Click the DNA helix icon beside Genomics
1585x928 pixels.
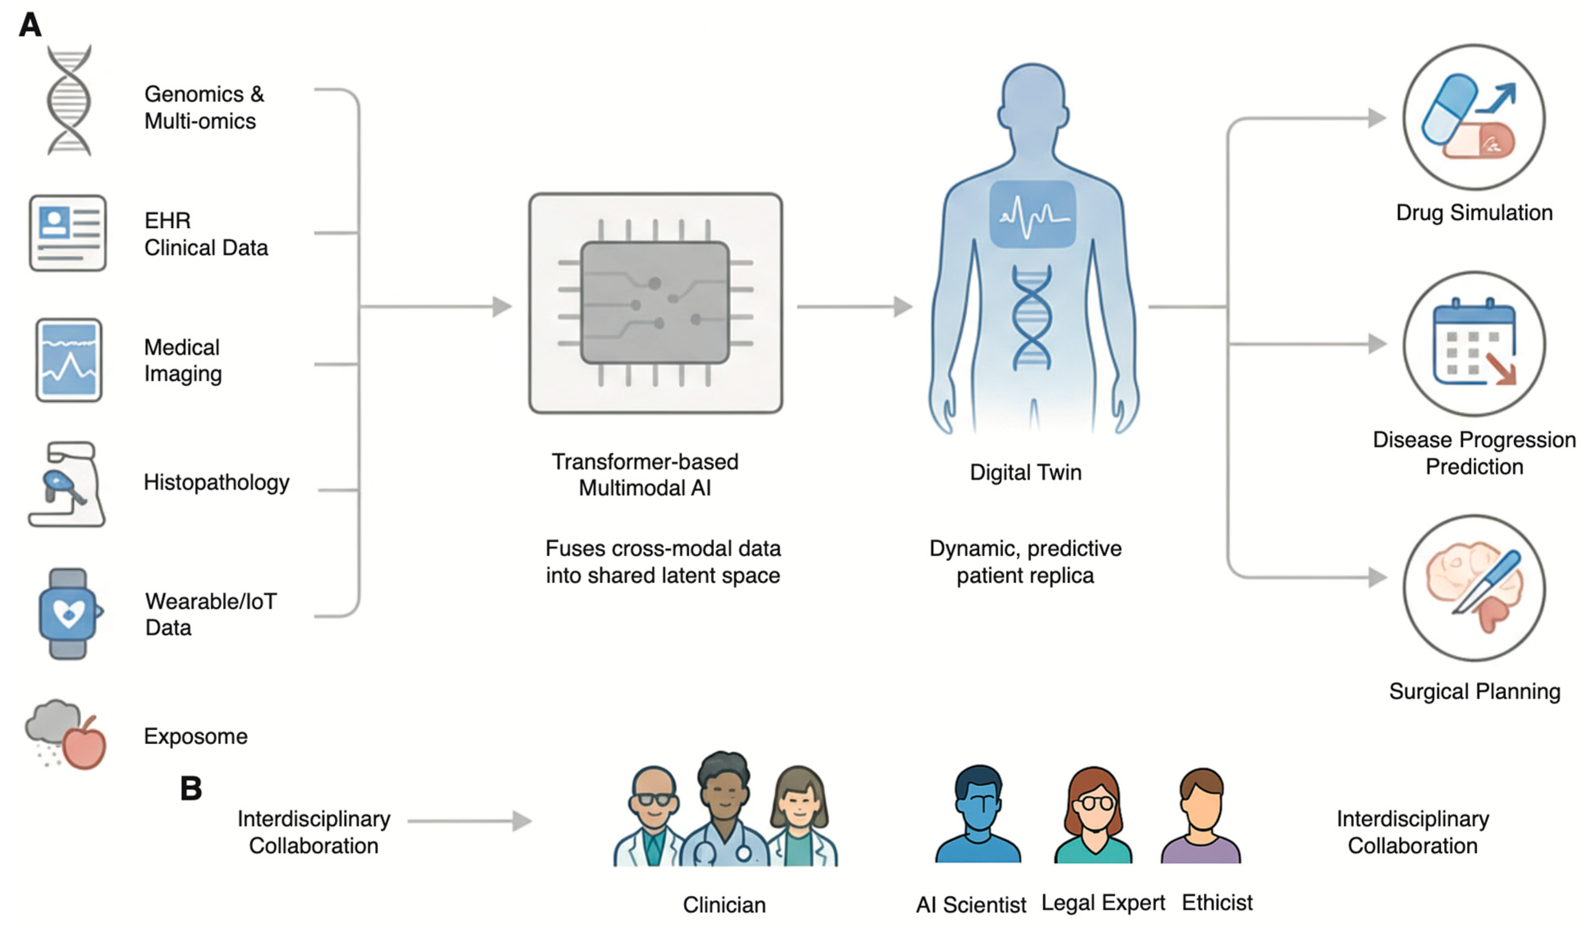point(69,101)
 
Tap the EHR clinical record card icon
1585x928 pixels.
point(68,233)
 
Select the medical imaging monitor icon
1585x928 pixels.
point(69,360)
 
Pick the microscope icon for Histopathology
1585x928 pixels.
point(67,484)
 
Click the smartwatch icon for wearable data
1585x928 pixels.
point(68,613)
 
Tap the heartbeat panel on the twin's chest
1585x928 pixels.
point(1032,214)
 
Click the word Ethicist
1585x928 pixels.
point(1217,902)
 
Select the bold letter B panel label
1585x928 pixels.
point(191,788)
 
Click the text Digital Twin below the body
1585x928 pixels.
point(1025,472)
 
